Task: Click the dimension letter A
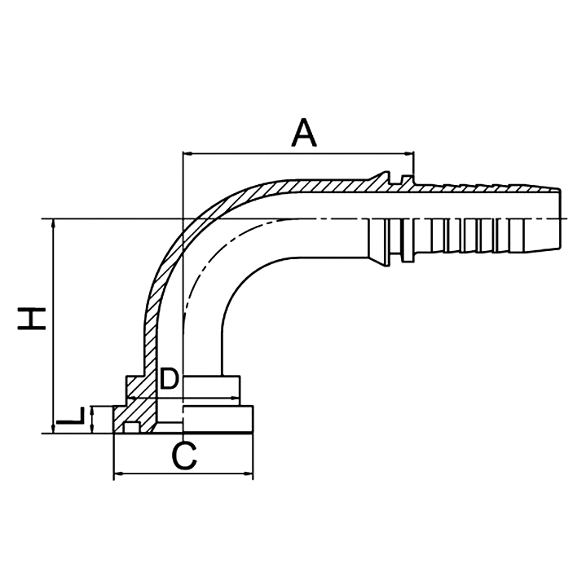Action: point(304,132)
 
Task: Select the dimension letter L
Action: point(72,419)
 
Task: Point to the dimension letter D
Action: point(168,378)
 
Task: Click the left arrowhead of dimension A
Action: point(187,152)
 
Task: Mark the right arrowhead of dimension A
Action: point(412,152)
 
